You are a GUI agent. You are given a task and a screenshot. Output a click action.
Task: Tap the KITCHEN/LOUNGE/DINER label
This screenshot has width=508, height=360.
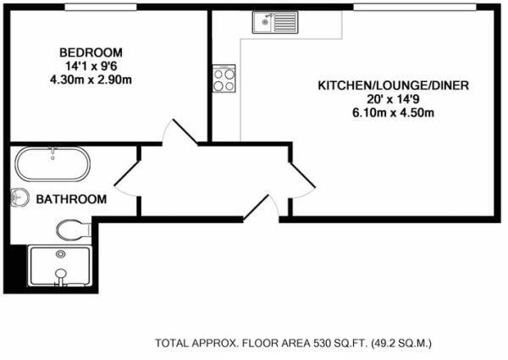(x=393, y=86)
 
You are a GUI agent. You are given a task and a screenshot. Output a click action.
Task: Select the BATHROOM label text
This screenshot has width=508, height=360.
(x=71, y=200)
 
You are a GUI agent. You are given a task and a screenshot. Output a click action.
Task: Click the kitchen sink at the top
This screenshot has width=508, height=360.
(x=273, y=22)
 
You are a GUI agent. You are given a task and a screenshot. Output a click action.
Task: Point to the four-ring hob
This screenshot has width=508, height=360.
(x=224, y=79)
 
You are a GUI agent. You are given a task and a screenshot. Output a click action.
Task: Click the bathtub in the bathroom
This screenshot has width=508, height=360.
(x=52, y=164)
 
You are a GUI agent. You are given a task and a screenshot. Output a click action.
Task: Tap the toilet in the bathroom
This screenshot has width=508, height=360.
(x=73, y=228)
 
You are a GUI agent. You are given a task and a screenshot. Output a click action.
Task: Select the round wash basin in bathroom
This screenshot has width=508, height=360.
(x=21, y=198)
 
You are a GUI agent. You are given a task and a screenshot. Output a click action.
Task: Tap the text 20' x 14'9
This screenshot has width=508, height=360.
(x=393, y=100)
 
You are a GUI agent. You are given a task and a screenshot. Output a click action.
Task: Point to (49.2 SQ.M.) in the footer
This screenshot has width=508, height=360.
(x=394, y=343)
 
